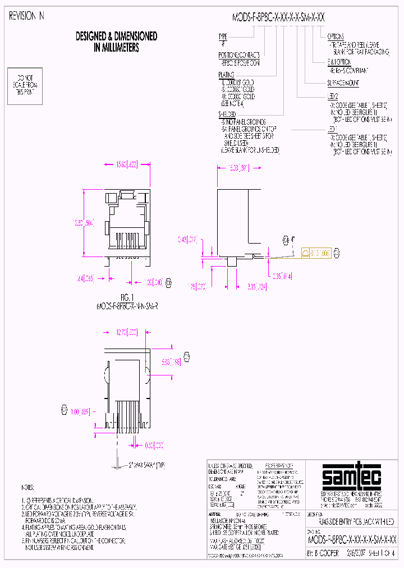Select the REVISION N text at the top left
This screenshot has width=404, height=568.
point(26,17)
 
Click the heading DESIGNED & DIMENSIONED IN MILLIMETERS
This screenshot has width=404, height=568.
point(116,42)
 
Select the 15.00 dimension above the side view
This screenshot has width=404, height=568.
point(236,167)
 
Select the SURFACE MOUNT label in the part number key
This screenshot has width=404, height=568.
point(343,83)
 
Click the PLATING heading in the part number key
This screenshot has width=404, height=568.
point(227,75)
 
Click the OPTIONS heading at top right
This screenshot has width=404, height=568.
point(337,36)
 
